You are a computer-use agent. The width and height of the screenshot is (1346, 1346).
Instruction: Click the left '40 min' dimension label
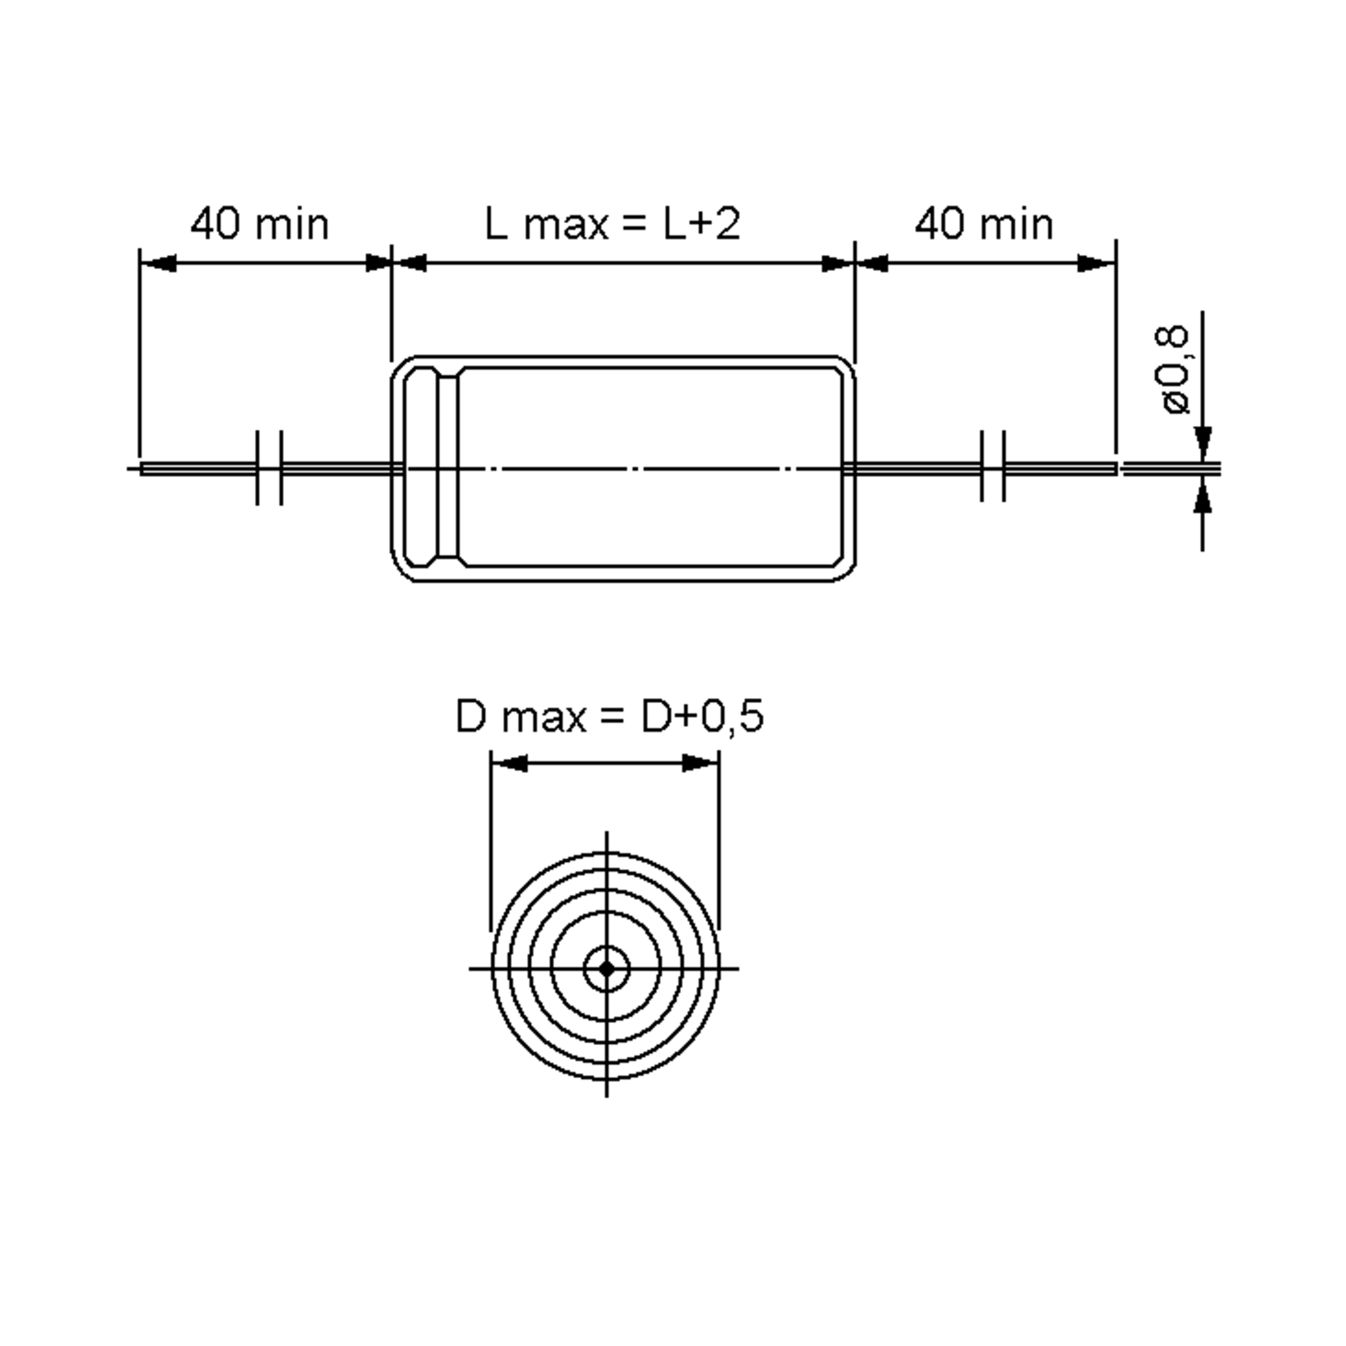259,224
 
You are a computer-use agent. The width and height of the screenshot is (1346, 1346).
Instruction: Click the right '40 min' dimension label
984,224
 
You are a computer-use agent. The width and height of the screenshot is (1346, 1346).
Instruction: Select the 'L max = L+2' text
612,224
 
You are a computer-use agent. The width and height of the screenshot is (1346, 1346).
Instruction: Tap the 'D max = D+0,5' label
610,716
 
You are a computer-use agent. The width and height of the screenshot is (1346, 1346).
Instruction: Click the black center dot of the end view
606,969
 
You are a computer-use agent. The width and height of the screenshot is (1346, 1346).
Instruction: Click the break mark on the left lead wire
270,468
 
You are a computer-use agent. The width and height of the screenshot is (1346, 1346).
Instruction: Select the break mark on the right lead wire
993,466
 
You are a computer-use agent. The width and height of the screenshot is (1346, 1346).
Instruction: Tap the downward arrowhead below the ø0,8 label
1203,443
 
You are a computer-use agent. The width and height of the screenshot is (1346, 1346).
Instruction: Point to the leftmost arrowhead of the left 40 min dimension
158,264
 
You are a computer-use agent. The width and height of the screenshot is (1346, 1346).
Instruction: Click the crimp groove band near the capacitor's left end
448,468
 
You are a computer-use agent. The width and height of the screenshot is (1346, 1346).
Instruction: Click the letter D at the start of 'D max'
471,716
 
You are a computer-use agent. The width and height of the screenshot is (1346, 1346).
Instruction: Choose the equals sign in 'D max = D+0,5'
612,718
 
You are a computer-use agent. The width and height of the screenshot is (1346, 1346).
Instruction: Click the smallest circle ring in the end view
606,969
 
